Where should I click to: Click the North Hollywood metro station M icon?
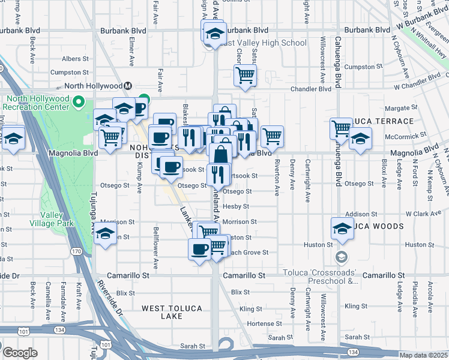tap(128, 86)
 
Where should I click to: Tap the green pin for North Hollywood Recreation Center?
tap(79, 104)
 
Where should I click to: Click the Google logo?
tap(20, 353)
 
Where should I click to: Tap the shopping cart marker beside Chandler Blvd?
tap(245, 76)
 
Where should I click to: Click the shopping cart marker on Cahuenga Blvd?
tap(341, 128)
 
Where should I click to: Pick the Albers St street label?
tap(75, 59)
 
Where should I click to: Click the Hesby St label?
tap(235, 206)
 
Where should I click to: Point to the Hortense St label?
tap(260, 323)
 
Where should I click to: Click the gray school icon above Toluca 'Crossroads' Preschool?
tap(342, 257)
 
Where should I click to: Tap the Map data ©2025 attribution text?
tap(424, 355)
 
